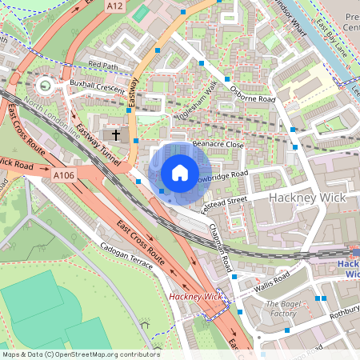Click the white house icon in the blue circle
[x=179, y=172]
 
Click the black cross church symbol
[x=116, y=134]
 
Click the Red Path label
[x=102, y=64]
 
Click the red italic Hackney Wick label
[x=194, y=297]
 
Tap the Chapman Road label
[x=220, y=249]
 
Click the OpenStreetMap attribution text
[x=80, y=354]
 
